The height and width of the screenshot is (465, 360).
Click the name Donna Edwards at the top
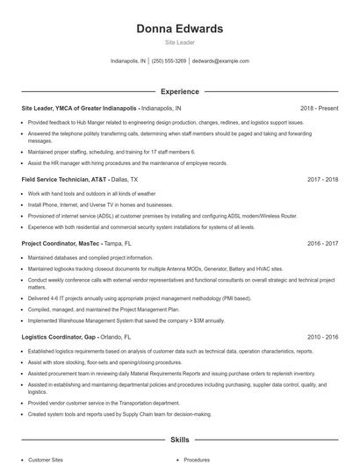[x=179, y=29]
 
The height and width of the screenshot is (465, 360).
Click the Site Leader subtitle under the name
[x=179, y=42]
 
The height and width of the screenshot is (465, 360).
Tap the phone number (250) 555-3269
[x=169, y=61]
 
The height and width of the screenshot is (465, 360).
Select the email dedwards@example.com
[x=220, y=61]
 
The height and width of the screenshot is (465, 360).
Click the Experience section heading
[x=179, y=90]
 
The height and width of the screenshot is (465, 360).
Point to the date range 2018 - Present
[x=319, y=109]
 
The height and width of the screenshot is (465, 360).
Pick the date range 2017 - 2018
[x=323, y=179]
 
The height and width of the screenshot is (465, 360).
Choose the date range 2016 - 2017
[x=323, y=242]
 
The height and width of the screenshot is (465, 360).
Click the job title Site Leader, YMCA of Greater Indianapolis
[x=79, y=109]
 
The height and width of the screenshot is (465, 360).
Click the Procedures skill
[x=197, y=459]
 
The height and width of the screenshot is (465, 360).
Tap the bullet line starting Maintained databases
[x=91, y=257]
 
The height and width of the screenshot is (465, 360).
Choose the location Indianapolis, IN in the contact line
[x=128, y=61]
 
